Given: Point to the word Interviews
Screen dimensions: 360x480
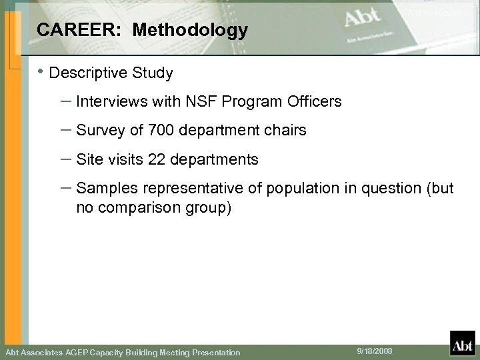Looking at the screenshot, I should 107,102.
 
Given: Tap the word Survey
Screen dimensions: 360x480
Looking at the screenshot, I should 97,131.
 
